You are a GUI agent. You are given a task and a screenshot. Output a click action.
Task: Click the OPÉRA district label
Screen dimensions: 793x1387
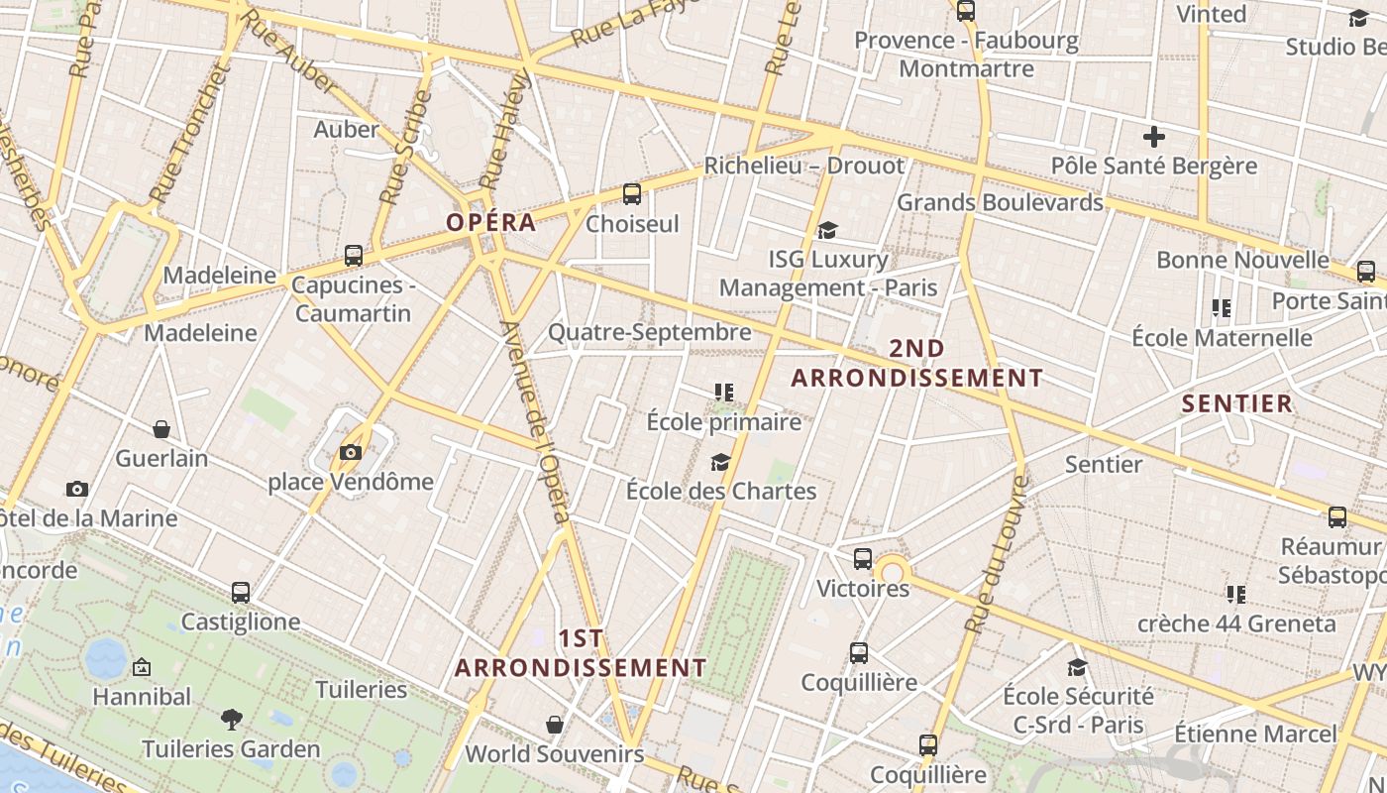click(x=490, y=222)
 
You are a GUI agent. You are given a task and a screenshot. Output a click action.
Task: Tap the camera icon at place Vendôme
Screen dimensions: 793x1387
click(x=351, y=453)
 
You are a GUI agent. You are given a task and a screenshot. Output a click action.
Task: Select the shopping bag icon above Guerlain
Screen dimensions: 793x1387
click(x=161, y=429)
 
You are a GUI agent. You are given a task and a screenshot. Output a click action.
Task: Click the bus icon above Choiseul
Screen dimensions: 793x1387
click(x=632, y=194)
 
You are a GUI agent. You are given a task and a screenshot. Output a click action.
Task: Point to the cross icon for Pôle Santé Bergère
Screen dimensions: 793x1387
click(x=1153, y=137)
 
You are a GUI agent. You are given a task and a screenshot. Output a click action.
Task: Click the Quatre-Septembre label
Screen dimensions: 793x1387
click(x=649, y=332)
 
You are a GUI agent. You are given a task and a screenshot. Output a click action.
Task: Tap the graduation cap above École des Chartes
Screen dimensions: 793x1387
click(x=720, y=462)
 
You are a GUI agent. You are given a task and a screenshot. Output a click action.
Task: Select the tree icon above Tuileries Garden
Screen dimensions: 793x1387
click(x=231, y=719)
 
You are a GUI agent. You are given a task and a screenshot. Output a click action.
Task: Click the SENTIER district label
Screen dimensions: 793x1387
click(x=1237, y=403)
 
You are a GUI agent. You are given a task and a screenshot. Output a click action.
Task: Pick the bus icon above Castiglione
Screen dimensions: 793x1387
click(x=240, y=593)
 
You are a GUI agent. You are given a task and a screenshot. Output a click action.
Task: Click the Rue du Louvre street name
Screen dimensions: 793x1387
click(x=995, y=555)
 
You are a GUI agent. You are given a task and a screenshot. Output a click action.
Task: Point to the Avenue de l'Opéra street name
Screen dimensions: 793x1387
click(x=536, y=421)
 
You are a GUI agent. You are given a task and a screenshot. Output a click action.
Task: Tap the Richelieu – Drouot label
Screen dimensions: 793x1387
click(x=803, y=166)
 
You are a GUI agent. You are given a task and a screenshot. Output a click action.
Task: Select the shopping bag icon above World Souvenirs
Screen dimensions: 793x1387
click(x=555, y=725)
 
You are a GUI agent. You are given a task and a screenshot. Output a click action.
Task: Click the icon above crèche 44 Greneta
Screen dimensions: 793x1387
click(x=1235, y=595)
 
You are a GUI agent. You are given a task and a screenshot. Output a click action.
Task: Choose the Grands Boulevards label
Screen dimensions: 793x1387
click(x=999, y=202)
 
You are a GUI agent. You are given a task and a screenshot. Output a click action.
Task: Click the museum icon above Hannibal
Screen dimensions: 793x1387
click(x=142, y=667)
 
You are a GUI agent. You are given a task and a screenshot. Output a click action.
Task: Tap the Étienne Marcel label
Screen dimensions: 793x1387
click(x=1255, y=735)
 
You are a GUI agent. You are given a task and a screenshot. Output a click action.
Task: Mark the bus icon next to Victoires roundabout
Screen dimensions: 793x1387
click(x=863, y=558)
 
